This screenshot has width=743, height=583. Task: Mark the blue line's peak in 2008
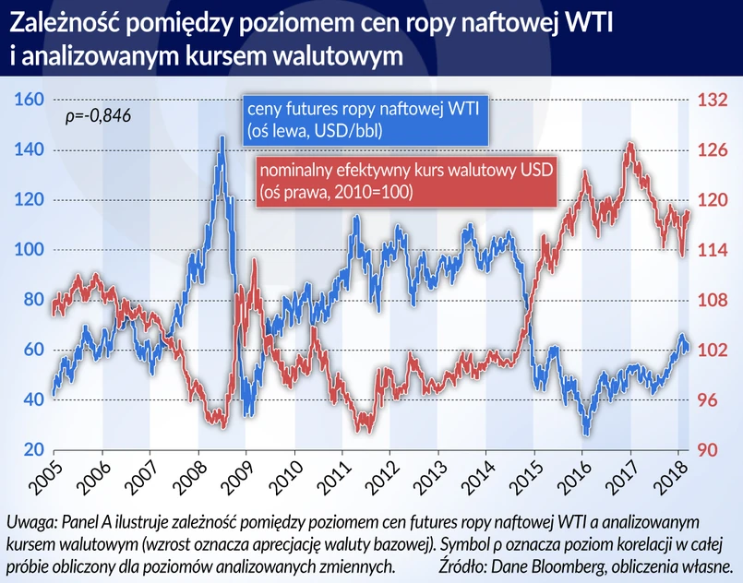pos(222,137)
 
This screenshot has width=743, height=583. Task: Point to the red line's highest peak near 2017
pos(629,144)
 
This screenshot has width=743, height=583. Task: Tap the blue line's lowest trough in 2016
pos(586,434)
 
